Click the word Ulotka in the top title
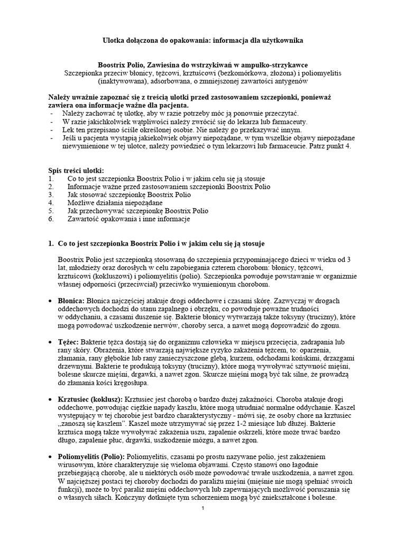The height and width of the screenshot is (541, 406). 114,40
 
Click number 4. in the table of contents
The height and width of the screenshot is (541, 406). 51,202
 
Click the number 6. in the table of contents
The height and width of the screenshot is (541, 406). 51,219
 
